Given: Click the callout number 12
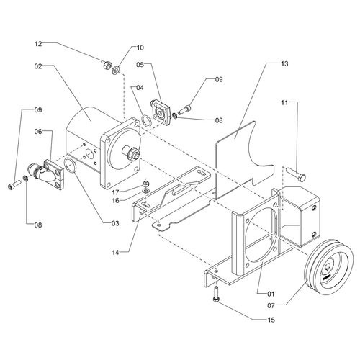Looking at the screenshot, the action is tap(38, 44).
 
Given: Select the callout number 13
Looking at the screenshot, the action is tap(284, 64).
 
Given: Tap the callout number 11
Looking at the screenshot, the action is tap(284, 103).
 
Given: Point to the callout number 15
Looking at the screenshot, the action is tap(271, 320).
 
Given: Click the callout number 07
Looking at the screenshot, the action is tap(271, 306).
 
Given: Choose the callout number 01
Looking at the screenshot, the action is tap(271, 294).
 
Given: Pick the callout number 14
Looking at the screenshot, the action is tap(115, 253).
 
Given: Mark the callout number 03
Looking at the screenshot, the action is tap(115, 223).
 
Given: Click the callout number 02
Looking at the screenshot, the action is tap(38, 66).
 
